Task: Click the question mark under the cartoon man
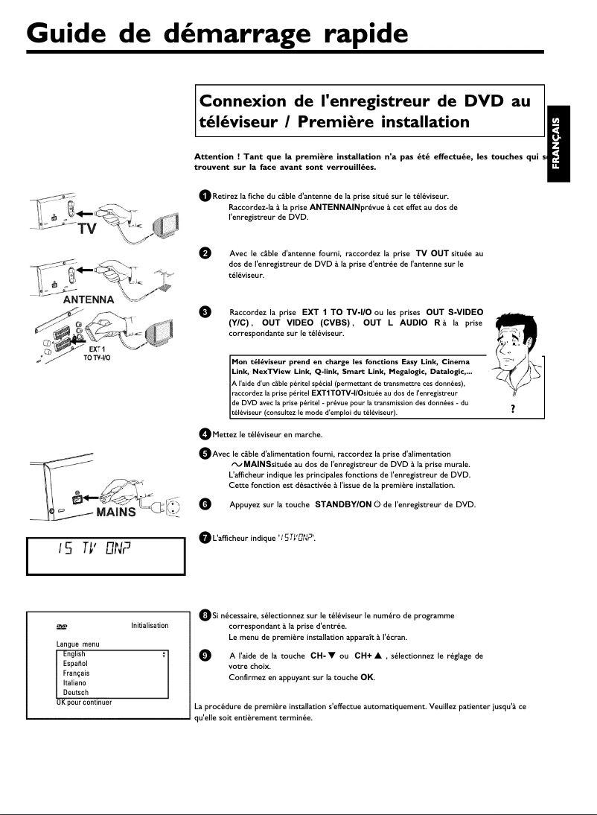coord(514,407)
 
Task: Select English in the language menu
coord(74,654)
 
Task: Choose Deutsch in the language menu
coord(76,693)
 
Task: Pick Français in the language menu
coord(77,673)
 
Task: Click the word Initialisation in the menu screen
coord(150,625)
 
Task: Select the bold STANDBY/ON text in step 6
coord(343,504)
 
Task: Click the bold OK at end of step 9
coord(367,678)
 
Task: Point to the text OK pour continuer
coord(84,702)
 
